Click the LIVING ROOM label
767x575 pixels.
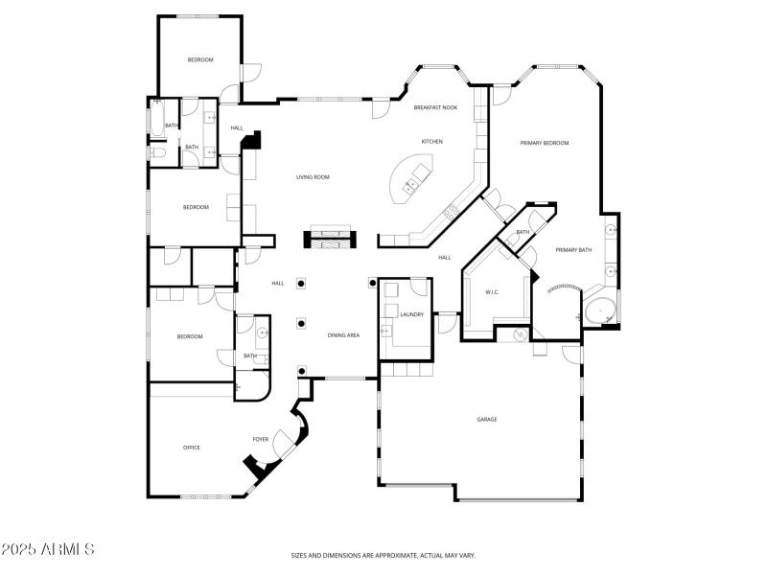click(x=313, y=177)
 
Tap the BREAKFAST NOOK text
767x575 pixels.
click(x=435, y=107)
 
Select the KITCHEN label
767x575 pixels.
click(x=431, y=142)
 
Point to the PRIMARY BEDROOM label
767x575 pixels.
click(x=545, y=143)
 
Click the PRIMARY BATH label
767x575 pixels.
click(x=573, y=250)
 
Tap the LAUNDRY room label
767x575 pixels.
click(x=412, y=314)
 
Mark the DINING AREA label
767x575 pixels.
click(x=343, y=335)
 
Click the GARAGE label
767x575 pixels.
click(x=487, y=419)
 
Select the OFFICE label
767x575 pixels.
click(x=192, y=448)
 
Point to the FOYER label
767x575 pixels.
click(x=260, y=440)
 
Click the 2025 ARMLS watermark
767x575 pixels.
click(x=48, y=550)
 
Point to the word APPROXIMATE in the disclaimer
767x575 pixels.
click(x=397, y=555)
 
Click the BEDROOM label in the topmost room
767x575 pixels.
click(x=199, y=60)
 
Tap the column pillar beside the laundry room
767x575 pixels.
click(x=372, y=283)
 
